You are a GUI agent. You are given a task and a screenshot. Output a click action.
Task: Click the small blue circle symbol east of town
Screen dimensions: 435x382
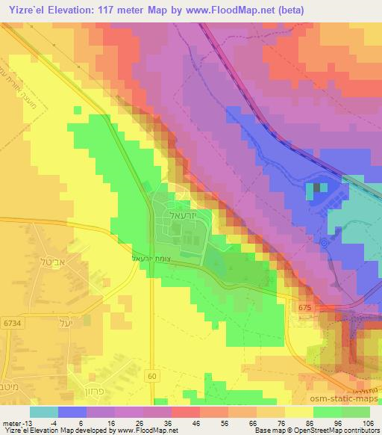click(x=324, y=243)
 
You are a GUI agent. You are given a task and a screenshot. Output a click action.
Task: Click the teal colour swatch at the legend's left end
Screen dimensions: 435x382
click(x=43, y=412)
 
